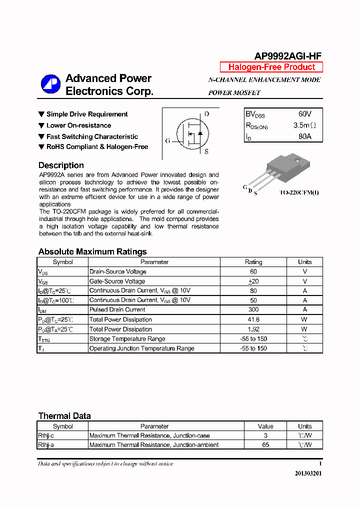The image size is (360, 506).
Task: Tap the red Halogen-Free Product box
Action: point(271,67)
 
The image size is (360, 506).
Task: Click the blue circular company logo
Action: point(50,84)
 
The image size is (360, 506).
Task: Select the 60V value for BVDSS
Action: point(304,114)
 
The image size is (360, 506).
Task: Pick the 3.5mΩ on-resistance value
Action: point(304,125)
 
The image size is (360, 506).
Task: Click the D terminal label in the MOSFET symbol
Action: point(207,114)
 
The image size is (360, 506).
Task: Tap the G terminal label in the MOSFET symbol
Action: point(168,141)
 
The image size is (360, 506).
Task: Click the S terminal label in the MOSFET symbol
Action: point(206,151)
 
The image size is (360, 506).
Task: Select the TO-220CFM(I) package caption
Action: point(298,192)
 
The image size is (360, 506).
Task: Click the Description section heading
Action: point(61,165)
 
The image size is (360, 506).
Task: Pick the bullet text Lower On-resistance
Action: point(78,125)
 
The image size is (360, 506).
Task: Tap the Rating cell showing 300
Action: point(253,310)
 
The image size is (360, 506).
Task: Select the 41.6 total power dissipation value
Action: point(253,319)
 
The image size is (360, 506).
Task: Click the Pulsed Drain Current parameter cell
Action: point(117,310)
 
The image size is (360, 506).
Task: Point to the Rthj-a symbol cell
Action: point(46,444)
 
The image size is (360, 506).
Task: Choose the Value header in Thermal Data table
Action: point(265,426)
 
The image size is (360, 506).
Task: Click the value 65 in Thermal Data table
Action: point(265,444)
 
